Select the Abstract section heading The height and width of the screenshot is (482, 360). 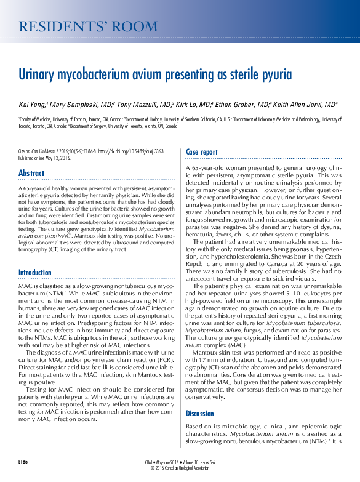(x=31, y=173)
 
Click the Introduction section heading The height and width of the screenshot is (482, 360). (x=35, y=272)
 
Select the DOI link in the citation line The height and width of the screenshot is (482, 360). (x=119, y=150)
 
